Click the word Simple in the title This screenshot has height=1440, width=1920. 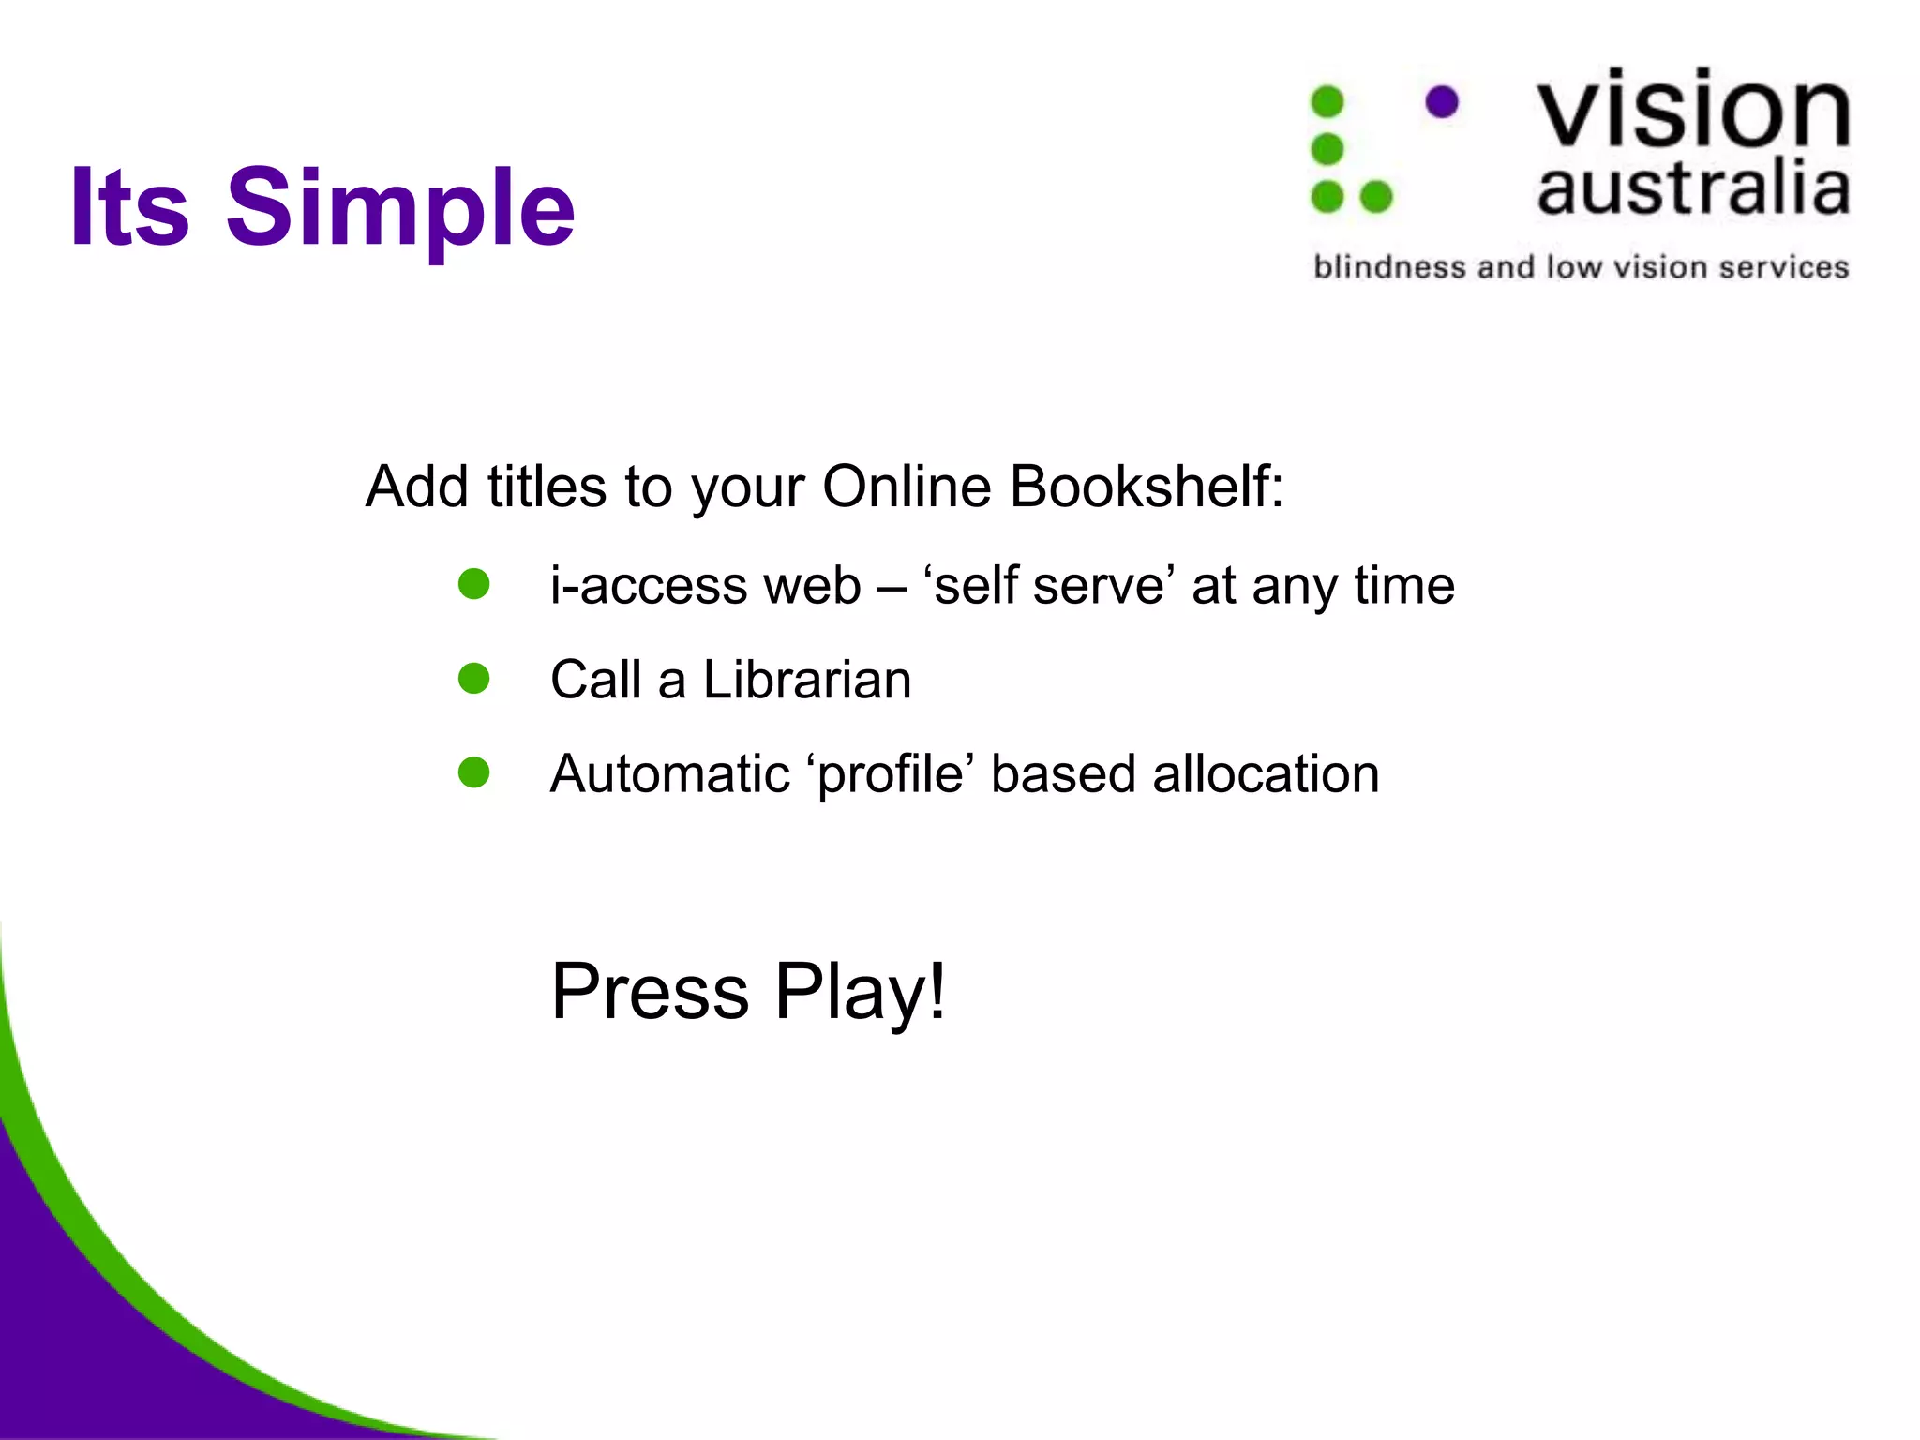point(400,208)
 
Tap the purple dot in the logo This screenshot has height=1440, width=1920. point(1442,101)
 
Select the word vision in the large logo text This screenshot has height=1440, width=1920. point(1693,110)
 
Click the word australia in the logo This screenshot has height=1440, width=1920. point(1693,187)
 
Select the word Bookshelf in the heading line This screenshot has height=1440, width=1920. point(1146,487)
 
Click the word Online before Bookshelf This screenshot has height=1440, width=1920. point(907,487)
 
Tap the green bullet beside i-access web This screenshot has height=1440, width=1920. point(474,584)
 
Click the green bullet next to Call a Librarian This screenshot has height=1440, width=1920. point(474,679)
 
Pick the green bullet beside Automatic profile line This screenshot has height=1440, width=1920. point(474,773)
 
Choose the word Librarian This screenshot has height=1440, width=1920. point(806,680)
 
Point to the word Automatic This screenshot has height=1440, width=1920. point(670,774)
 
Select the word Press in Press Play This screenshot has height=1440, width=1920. point(650,991)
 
